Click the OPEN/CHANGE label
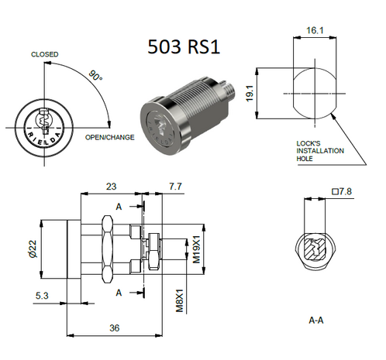click(110, 138)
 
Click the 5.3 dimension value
click(43, 295)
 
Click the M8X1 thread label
click(177, 298)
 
